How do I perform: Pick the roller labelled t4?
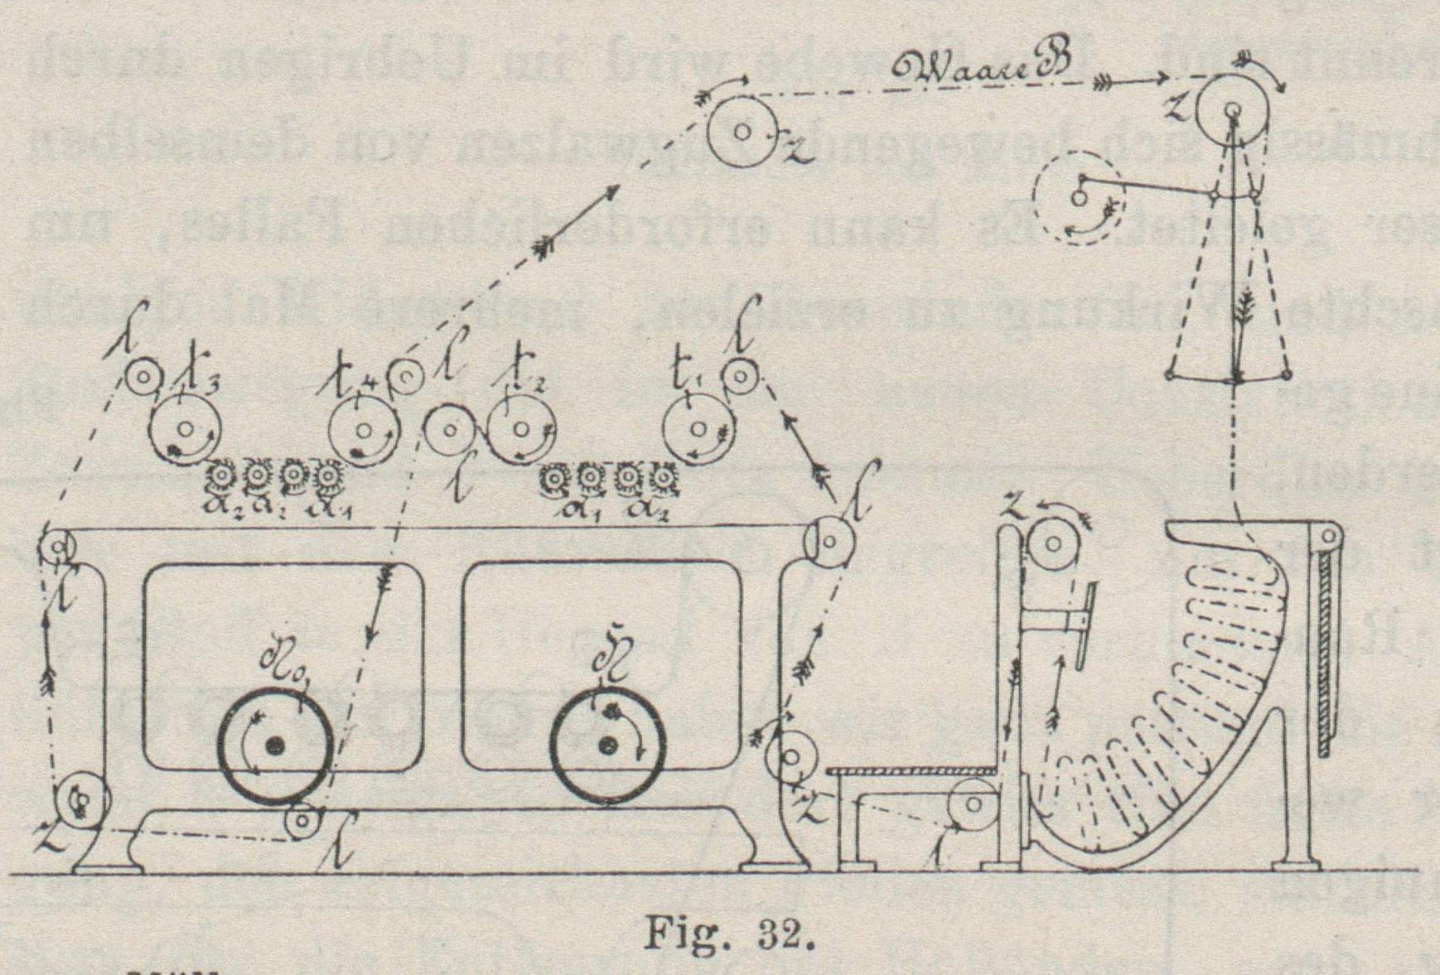coord(365,429)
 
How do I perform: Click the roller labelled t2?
coord(521,429)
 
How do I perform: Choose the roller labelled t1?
coord(698,429)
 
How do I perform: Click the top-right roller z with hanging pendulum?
coord(1233,110)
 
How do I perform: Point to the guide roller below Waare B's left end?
coord(742,131)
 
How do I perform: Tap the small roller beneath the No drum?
coord(303,820)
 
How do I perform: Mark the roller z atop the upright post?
coord(1052,543)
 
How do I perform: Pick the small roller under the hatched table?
coord(973,804)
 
